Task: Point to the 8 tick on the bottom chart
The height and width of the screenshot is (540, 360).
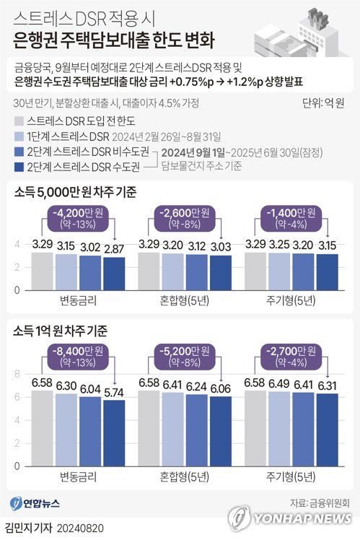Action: click(x=18, y=374)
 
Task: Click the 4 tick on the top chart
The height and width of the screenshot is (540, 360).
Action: click(x=18, y=246)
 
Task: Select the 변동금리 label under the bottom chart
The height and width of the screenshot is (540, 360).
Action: click(x=72, y=476)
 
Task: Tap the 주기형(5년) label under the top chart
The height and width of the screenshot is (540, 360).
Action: click(x=289, y=301)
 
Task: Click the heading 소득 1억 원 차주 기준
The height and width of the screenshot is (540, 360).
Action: click(x=60, y=331)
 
